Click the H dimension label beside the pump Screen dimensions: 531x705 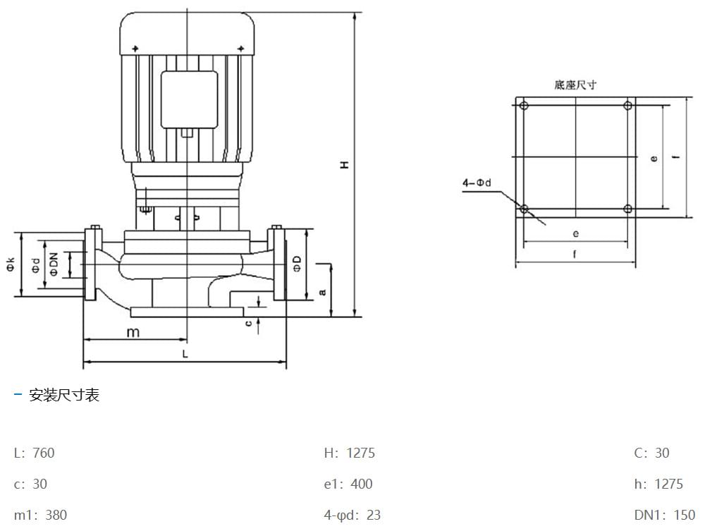(345, 164)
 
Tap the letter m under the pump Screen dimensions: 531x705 (133, 332)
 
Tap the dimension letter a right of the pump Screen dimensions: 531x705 (322, 291)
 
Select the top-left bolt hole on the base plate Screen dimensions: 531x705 (523, 106)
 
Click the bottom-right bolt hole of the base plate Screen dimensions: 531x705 (627, 209)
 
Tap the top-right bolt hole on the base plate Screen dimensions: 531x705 (627, 106)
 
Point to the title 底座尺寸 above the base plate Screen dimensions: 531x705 (575, 85)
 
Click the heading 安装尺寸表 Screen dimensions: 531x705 (64, 395)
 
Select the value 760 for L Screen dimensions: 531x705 (43, 453)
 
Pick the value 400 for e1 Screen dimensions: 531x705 (361, 484)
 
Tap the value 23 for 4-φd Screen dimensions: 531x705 (373, 515)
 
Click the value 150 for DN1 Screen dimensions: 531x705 (683, 515)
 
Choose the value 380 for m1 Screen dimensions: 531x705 (56, 515)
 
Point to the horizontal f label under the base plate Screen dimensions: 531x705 (575, 255)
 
